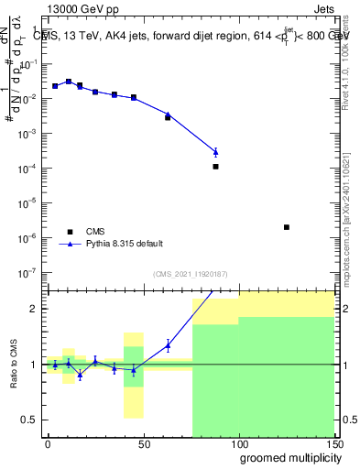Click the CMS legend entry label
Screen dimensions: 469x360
pos(96,232)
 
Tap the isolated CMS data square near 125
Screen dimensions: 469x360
pos(287,227)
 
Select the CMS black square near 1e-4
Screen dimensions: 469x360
pos(215,167)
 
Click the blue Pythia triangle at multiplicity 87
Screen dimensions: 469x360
pos(215,152)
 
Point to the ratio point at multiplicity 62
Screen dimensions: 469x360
pos(168,345)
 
